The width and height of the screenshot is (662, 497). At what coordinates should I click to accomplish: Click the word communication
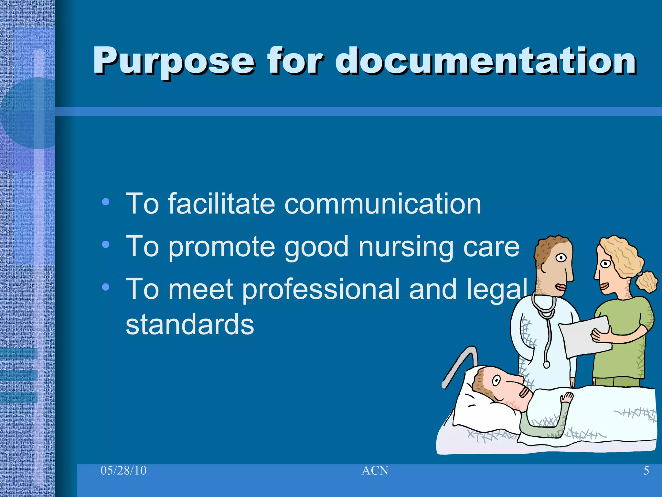[x=383, y=204]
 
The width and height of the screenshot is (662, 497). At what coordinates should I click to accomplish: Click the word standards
[x=190, y=324]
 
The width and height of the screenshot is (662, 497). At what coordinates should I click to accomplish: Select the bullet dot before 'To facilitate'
[x=105, y=202]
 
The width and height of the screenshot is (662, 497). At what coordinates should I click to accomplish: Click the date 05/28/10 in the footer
[x=123, y=470]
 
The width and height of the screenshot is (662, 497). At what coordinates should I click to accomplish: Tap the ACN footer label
[x=375, y=470]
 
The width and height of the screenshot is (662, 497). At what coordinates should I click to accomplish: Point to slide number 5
[x=646, y=470]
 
